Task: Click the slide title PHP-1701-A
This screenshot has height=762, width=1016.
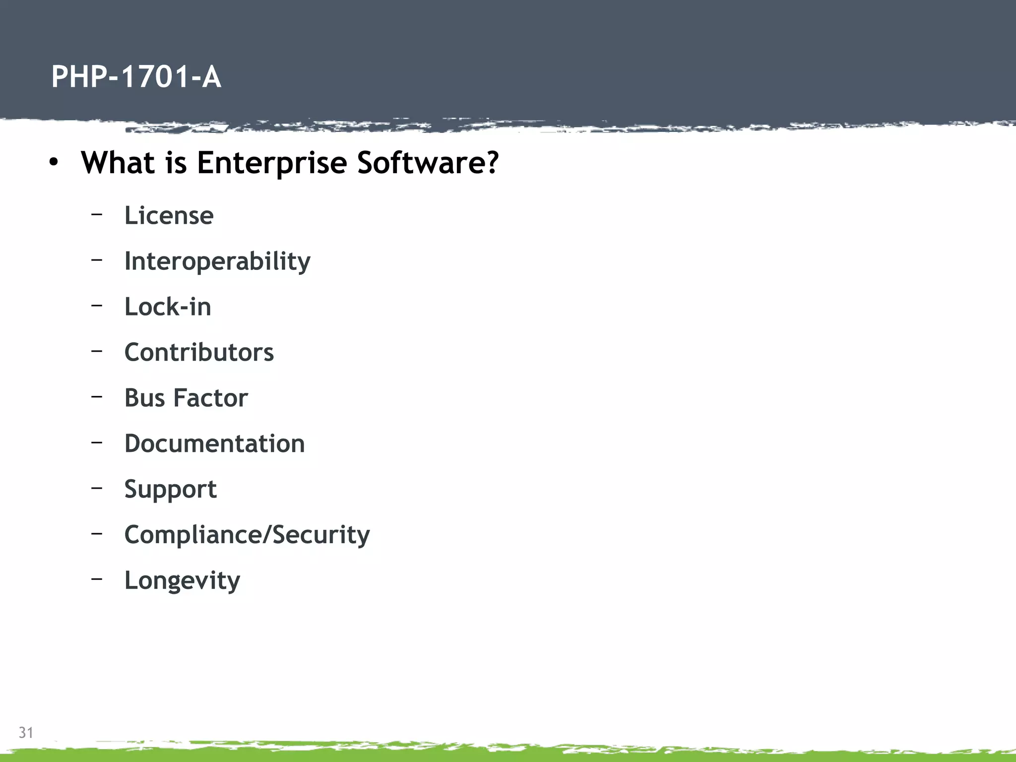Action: point(136,77)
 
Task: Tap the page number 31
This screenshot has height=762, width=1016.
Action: point(26,732)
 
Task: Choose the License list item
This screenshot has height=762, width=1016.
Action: point(169,216)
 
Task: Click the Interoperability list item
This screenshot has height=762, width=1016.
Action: point(217,261)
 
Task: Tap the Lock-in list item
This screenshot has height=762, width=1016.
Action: point(168,307)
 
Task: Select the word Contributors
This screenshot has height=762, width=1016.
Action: point(199,352)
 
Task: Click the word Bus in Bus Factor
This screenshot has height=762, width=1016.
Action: point(144,398)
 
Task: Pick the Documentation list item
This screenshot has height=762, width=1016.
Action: point(214,444)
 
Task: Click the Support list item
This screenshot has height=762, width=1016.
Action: point(170,490)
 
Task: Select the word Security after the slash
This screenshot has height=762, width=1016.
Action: point(321,535)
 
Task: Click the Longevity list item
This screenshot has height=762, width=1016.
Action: point(182,580)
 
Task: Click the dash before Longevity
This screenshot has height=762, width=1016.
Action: point(97,578)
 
